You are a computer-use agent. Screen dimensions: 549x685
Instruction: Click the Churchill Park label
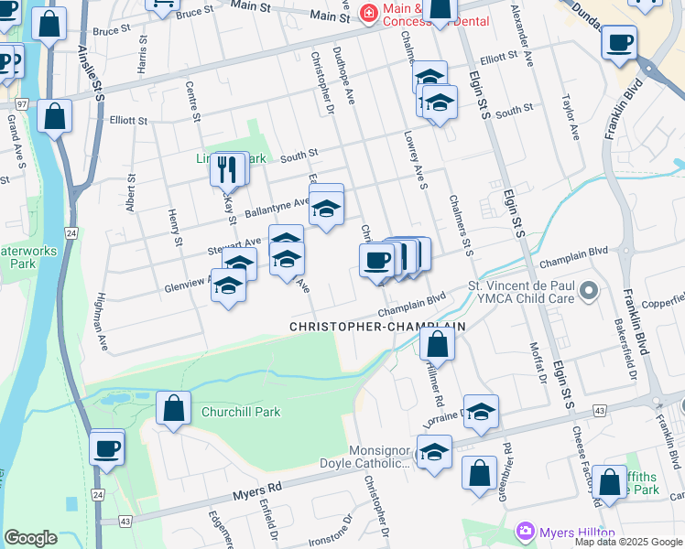241,412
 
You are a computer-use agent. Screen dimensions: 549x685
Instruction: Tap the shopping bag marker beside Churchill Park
173,408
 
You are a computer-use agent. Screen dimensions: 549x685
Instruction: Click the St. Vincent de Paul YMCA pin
588,292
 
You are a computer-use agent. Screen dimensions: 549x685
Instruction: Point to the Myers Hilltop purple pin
525,532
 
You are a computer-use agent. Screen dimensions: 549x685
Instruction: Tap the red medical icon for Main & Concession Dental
369,12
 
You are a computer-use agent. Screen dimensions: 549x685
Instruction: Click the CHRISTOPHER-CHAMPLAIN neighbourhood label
377,326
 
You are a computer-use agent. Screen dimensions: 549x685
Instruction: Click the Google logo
30,537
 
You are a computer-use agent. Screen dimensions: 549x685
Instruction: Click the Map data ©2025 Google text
627,542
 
